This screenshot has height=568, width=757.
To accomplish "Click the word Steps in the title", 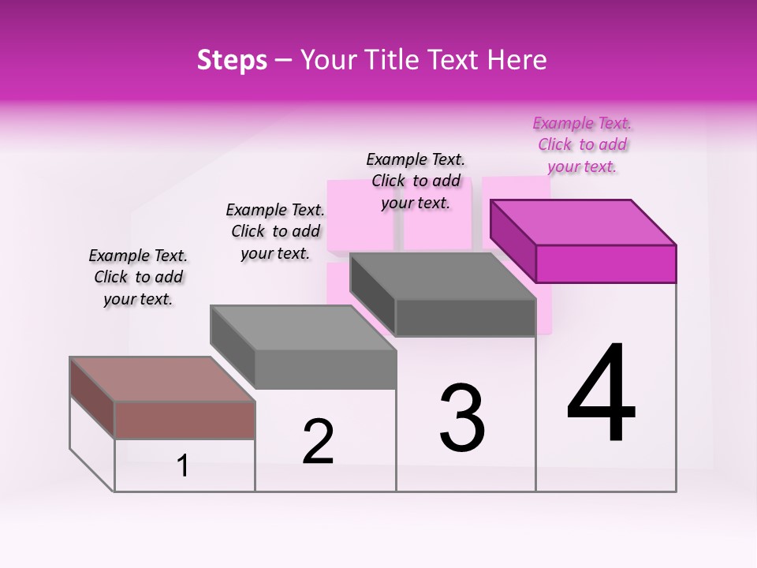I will coord(232,60).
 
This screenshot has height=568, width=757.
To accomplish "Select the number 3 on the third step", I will coord(462,418).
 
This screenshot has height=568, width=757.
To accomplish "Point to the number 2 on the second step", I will coord(319,442).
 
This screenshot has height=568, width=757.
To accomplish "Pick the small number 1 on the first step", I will coord(183,466).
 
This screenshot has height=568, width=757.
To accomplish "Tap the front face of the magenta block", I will coord(606,263).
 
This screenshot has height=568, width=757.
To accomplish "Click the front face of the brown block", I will coord(185,420).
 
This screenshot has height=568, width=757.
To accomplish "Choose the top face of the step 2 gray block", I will coord(303,327).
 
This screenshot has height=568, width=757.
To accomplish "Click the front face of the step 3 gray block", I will coord(465,318).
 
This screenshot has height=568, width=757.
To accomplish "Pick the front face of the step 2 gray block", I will coord(326,369).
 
